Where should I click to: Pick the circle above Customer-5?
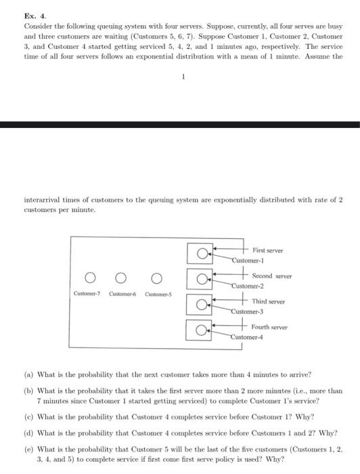[156, 278]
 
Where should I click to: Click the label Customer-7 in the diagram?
[87, 293]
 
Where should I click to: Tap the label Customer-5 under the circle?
[157, 293]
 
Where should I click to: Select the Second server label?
[272, 276]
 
